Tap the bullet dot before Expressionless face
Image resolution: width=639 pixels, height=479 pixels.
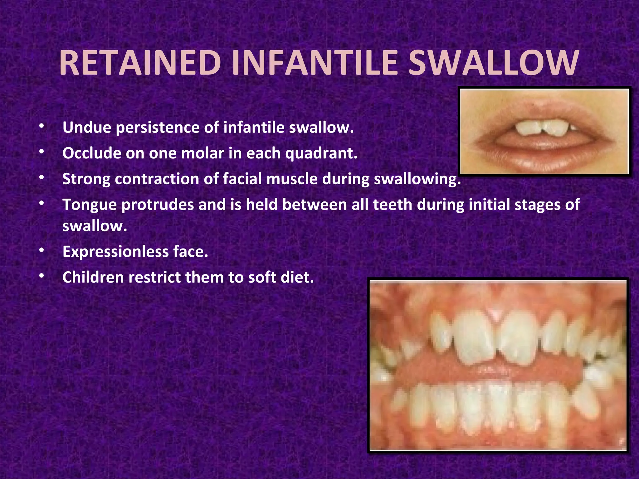click(x=42, y=250)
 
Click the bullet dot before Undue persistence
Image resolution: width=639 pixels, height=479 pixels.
click(x=42, y=126)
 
